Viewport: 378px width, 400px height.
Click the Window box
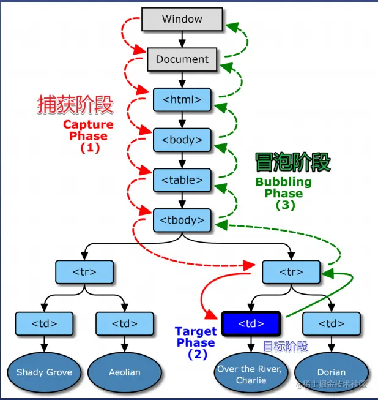click(182, 19)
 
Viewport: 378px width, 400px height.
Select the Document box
click(182, 59)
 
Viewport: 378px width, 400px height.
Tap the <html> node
click(182, 99)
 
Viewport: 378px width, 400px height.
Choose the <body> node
click(182, 140)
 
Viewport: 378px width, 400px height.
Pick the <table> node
click(182, 180)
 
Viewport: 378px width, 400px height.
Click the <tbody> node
click(182, 220)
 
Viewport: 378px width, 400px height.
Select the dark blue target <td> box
click(251, 323)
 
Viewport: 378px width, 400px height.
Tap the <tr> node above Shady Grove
click(84, 272)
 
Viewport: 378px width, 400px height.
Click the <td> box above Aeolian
click(125, 323)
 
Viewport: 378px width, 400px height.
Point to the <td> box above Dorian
click(332, 323)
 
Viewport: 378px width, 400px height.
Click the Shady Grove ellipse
click(44, 372)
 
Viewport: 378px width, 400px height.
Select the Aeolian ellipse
click(125, 372)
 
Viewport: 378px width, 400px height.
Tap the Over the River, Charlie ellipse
click(251, 373)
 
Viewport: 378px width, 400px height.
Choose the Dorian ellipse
click(332, 372)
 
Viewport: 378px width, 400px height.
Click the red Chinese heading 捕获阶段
click(75, 104)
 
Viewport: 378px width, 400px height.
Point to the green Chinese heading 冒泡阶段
click(293, 162)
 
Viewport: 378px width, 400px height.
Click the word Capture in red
click(88, 124)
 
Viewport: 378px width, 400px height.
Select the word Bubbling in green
click(284, 182)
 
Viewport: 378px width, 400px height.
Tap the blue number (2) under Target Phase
click(198, 354)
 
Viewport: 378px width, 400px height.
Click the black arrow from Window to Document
click(182, 39)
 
